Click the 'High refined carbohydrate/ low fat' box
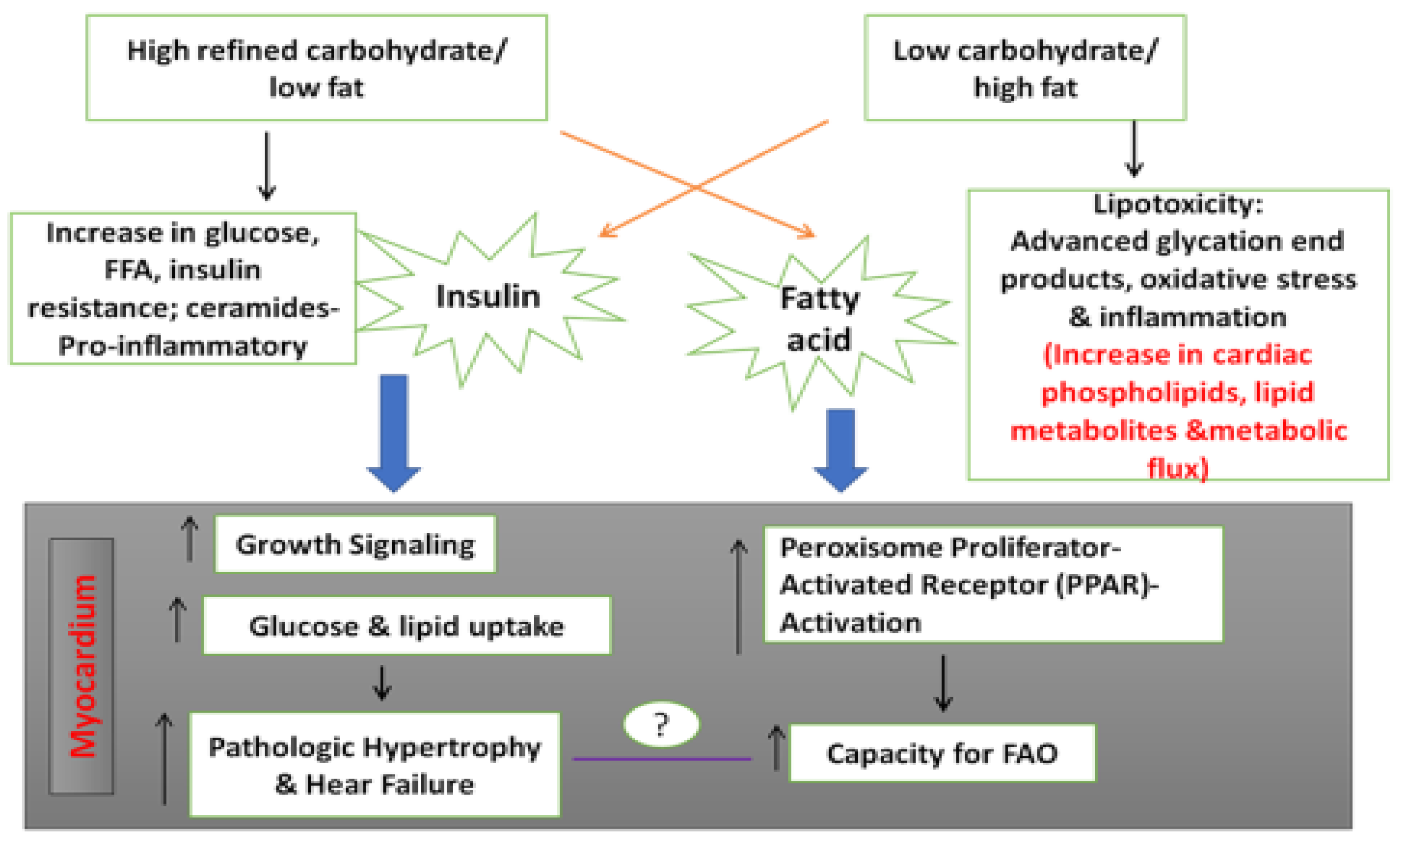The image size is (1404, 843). tap(316, 68)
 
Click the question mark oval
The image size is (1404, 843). tap(661, 724)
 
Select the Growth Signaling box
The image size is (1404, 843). tap(355, 544)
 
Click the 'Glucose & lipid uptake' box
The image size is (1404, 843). tap(406, 626)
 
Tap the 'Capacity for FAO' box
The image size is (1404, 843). tap(942, 753)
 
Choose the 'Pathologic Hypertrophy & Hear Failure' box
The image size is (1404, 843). tap(374, 765)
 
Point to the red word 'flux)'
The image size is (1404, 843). tap(1178, 468)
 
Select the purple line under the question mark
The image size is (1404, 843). tap(661, 758)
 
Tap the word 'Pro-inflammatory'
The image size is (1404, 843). tap(183, 345)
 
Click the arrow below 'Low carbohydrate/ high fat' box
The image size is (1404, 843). tap(1134, 149)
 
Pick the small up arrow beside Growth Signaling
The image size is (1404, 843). tap(190, 538)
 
